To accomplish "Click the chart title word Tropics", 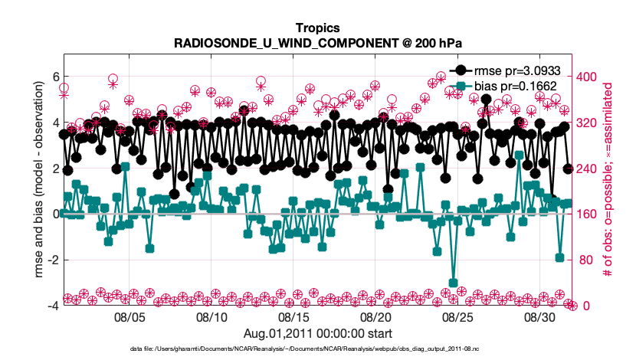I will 318,28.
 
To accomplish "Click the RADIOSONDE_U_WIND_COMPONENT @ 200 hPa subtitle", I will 318,43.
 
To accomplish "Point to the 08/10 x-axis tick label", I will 211,316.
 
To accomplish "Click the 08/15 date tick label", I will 293,316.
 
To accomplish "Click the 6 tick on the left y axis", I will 55,77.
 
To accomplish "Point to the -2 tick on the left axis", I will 53,260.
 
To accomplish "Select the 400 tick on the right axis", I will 586,77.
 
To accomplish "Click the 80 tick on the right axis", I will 584,260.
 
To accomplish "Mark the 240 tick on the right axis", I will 586,169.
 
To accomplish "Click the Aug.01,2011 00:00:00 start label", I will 318,333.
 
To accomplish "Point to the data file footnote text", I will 318,349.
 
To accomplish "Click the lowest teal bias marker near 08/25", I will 454,283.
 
